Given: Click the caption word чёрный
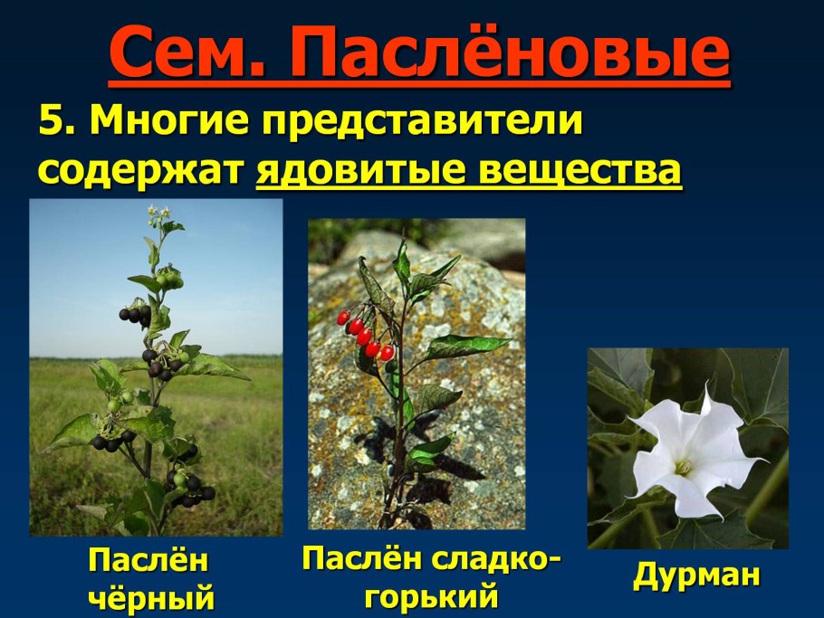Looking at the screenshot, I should (152, 598).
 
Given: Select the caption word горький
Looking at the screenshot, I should (431, 596).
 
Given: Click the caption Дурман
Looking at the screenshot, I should (695, 576).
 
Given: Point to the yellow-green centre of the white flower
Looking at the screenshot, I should (685, 467).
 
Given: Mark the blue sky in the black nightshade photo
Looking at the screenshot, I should (81, 271).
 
